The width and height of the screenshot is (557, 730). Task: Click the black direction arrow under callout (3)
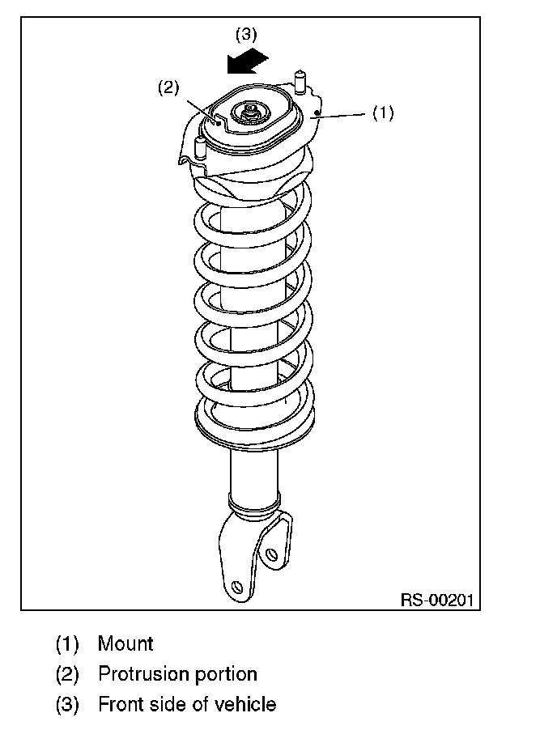click(x=248, y=61)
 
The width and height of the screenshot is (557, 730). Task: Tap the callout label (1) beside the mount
click(x=383, y=112)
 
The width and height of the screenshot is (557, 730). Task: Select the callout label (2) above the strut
click(x=168, y=87)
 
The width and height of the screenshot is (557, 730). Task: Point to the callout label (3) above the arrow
click(x=246, y=34)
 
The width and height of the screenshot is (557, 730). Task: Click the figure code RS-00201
click(x=437, y=600)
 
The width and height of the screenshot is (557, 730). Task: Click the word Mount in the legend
click(x=125, y=643)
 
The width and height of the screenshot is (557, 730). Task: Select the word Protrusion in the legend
click(x=145, y=673)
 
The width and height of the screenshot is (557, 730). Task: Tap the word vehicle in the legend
click(x=245, y=704)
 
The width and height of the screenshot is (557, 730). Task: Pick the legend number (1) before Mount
click(x=67, y=644)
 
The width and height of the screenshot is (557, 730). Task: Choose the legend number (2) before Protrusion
click(x=67, y=674)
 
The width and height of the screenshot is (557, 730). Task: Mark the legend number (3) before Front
click(x=67, y=704)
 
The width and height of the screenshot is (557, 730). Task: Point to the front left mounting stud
click(x=199, y=148)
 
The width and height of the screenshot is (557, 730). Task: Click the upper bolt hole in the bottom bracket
click(x=270, y=554)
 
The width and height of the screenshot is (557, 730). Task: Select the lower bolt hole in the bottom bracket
click(x=238, y=587)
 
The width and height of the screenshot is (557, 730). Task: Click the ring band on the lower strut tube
click(x=254, y=503)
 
